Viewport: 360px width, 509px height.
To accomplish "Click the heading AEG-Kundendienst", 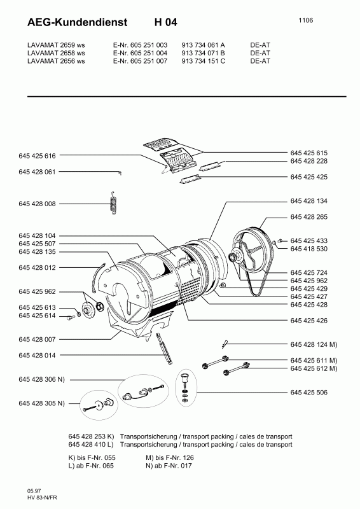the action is pyautogui.click(x=77, y=22).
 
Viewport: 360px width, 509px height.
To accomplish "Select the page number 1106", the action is pyautogui.click(x=306, y=20).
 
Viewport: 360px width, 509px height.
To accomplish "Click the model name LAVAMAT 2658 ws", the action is pyautogui.click(x=56, y=53).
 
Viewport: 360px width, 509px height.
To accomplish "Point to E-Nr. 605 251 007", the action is pyautogui.click(x=140, y=61).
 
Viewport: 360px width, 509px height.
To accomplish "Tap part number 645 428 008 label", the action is pyautogui.click(x=37, y=204).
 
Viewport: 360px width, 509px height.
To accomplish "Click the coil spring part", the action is pyautogui.click(x=114, y=204).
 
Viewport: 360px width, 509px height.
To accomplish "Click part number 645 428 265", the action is pyautogui.click(x=309, y=217).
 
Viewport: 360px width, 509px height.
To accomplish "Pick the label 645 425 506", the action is pyautogui.click(x=309, y=393).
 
